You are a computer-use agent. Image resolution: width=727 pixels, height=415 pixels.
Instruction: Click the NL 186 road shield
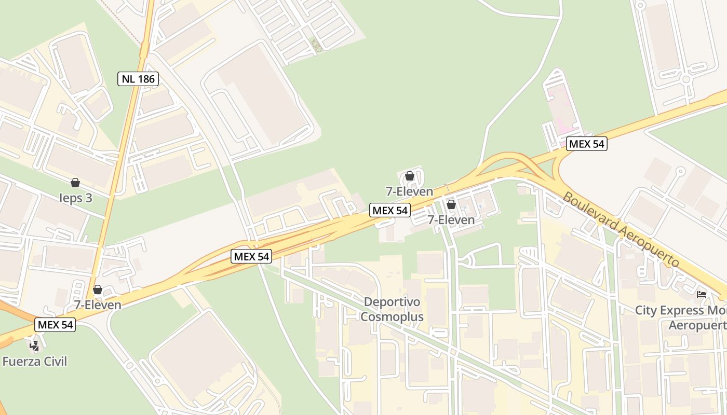pyautogui.click(x=138, y=79)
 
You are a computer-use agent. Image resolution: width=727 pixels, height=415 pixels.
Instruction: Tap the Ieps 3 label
pyautogui.click(x=75, y=198)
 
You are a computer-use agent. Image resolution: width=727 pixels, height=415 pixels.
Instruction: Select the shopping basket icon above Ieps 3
pyautogui.click(x=75, y=183)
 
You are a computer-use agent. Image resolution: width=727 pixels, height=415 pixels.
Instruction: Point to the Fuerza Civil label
pyautogui.click(x=35, y=361)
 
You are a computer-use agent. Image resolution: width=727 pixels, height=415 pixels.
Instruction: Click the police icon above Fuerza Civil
pyautogui.click(x=34, y=344)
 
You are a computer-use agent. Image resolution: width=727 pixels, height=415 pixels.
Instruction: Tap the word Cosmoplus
pyautogui.click(x=392, y=316)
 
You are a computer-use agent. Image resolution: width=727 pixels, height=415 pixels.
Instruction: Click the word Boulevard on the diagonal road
pyautogui.click(x=592, y=212)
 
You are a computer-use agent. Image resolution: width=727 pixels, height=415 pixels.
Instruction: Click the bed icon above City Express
pyautogui.click(x=702, y=295)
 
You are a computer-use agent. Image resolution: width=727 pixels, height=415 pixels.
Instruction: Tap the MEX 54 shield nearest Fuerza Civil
pyautogui.click(x=56, y=325)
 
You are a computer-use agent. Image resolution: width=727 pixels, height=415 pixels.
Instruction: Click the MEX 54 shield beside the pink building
pyautogui.click(x=586, y=144)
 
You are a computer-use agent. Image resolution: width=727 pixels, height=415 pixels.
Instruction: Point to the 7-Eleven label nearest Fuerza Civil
pyautogui.click(x=98, y=305)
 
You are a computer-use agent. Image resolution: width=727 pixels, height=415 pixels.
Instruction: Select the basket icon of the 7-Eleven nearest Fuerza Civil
pyautogui.click(x=98, y=289)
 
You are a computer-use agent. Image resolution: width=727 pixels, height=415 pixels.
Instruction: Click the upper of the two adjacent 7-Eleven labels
pyautogui.click(x=409, y=191)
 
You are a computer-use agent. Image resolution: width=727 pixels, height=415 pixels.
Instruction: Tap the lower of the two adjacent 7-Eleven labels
pyautogui.click(x=451, y=220)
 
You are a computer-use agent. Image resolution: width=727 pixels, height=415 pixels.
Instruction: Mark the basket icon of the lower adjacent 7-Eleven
pyautogui.click(x=451, y=205)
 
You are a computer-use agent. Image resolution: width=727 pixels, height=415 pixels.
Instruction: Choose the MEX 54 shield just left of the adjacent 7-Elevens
pyautogui.click(x=390, y=210)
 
